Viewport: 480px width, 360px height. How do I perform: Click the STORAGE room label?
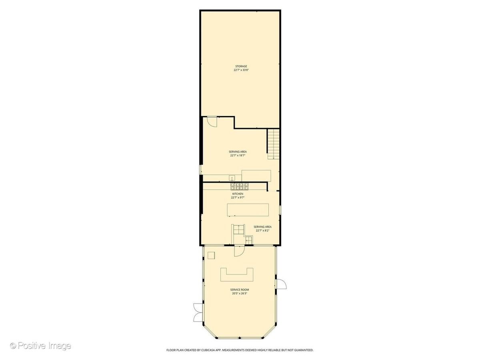tap(241, 66)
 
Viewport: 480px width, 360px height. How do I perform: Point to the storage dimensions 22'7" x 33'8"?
tap(241, 70)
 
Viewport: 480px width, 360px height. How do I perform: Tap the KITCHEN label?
tap(238, 194)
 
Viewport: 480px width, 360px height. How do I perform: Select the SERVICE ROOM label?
tap(240, 290)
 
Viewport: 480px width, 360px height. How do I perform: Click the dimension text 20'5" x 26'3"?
tap(240, 294)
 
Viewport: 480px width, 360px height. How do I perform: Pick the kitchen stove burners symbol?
tap(240, 186)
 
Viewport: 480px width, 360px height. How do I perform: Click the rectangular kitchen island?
tap(248, 210)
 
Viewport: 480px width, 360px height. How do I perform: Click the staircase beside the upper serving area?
tap(274, 144)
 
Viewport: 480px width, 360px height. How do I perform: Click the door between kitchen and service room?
tap(239, 251)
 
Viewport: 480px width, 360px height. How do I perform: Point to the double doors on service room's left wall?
tap(198, 312)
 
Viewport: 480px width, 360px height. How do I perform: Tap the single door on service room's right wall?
tap(282, 284)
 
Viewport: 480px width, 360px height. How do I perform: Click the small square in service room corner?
tap(211, 256)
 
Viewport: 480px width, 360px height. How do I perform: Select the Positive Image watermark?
tap(41, 346)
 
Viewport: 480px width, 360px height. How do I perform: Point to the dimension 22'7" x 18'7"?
tap(238, 156)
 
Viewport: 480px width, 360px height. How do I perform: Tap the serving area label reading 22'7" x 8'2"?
tap(262, 231)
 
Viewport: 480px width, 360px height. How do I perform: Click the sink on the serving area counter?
tap(232, 178)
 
